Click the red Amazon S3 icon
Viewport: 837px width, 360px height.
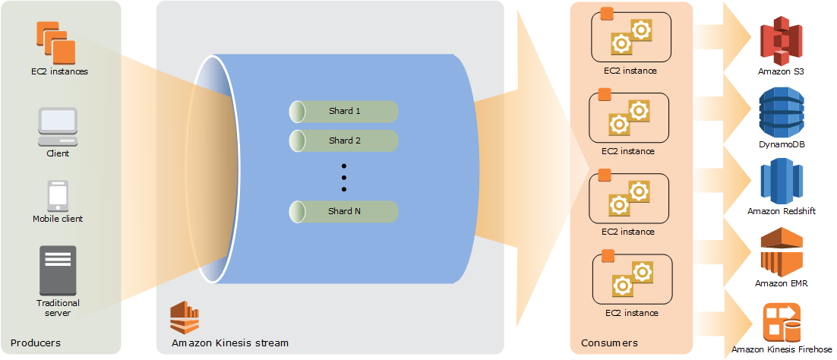point(782,41)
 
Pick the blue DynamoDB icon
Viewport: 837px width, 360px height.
point(782,112)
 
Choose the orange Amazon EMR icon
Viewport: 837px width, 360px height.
point(782,252)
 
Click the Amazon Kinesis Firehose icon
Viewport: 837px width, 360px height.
point(782,322)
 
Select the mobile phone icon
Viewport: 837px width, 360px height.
point(58,195)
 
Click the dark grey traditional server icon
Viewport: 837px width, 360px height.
point(58,270)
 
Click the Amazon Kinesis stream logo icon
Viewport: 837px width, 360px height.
point(185,317)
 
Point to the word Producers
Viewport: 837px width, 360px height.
point(36,343)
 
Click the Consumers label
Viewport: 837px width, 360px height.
point(609,343)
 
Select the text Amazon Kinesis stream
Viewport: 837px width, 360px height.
point(230,343)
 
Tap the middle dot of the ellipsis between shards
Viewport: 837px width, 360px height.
point(343,177)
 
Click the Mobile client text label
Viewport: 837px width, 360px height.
point(58,219)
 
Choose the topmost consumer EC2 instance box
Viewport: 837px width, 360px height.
point(630,37)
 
